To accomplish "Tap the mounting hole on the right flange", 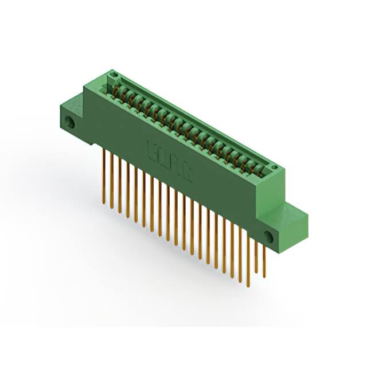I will pyautogui.click(x=268, y=236).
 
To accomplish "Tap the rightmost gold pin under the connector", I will pyautogui.click(x=264, y=258).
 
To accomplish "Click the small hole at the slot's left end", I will pyautogui.click(x=114, y=76).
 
